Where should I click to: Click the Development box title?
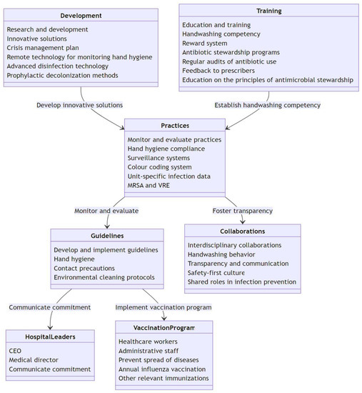click(81, 16)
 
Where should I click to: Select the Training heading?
click(268, 11)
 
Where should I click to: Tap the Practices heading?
click(175, 126)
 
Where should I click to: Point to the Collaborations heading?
click(242, 231)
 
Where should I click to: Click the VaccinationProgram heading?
click(164, 327)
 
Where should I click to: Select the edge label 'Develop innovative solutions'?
click(80, 105)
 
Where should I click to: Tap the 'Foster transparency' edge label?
click(242, 211)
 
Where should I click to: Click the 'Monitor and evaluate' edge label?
click(106, 211)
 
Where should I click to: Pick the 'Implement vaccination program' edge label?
click(164, 307)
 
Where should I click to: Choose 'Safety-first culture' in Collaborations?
click(216, 272)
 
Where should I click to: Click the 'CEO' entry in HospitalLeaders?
click(16, 351)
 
